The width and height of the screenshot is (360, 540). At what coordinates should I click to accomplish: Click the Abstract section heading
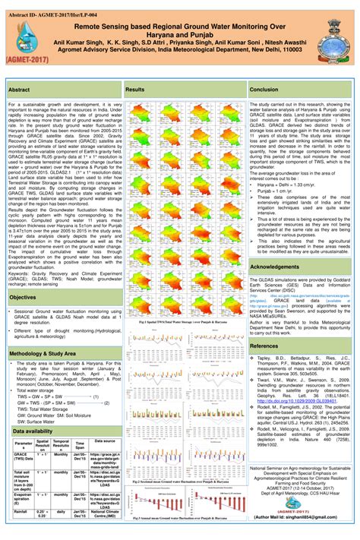20,90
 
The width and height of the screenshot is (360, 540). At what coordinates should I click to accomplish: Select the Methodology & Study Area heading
43,354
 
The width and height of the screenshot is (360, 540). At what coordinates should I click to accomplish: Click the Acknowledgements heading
275,267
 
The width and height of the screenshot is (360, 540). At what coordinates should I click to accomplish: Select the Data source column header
105,441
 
